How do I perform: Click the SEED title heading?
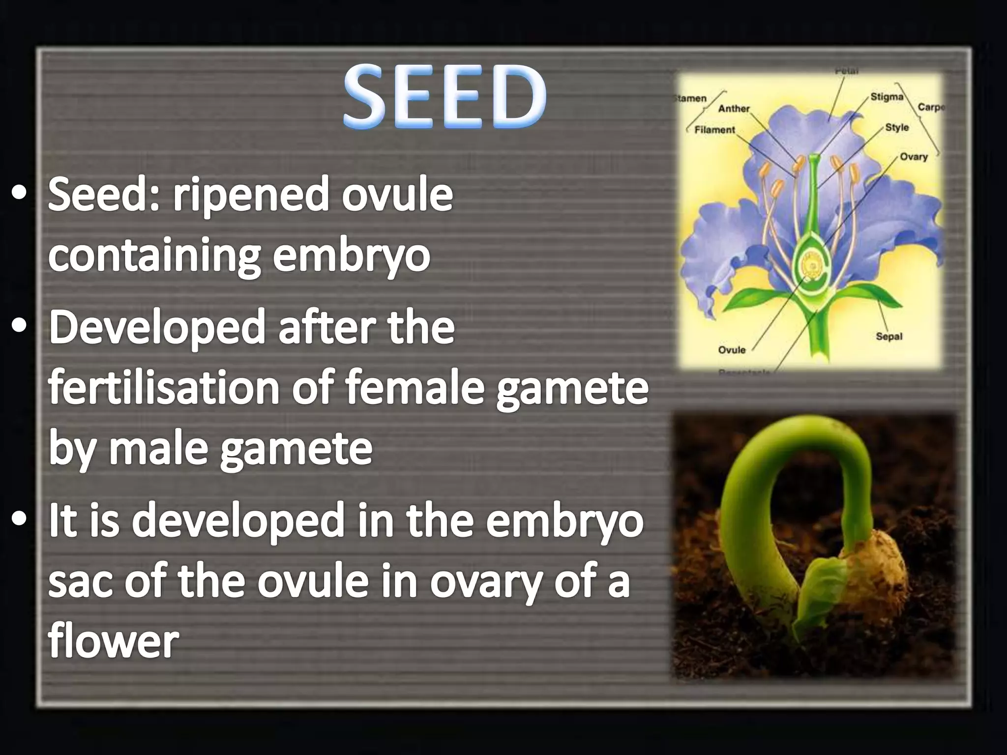pos(444,97)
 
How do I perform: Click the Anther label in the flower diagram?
pos(734,109)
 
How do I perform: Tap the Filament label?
pos(714,130)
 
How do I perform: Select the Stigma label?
pos(887,97)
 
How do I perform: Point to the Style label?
pos(896,127)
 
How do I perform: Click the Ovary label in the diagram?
pos(913,157)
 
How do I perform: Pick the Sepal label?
pos(889,337)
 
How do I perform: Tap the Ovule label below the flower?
pos(732,350)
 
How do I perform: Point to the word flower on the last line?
pos(113,641)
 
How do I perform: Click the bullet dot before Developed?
pos(20,327)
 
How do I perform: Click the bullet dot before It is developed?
pos(20,521)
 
